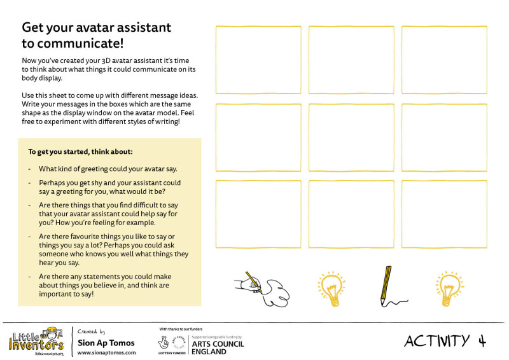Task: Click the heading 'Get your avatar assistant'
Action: [x=97, y=28]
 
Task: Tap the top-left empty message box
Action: [x=258, y=60]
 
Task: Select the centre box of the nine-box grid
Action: [x=351, y=137]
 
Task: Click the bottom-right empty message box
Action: [x=444, y=214]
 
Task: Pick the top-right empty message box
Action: [x=444, y=60]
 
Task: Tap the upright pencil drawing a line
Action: [x=386, y=286]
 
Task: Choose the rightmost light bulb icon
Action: [x=448, y=288]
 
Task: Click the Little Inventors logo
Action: [x=36, y=342]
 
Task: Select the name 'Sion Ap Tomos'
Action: [x=106, y=343]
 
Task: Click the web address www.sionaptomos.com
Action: [x=106, y=352]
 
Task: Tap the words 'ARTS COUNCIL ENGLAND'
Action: [x=218, y=348]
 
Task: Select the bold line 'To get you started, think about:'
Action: [x=81, y=152]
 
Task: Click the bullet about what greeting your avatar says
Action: [x=108, y=169]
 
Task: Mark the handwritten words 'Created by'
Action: [x=92, y=331]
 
